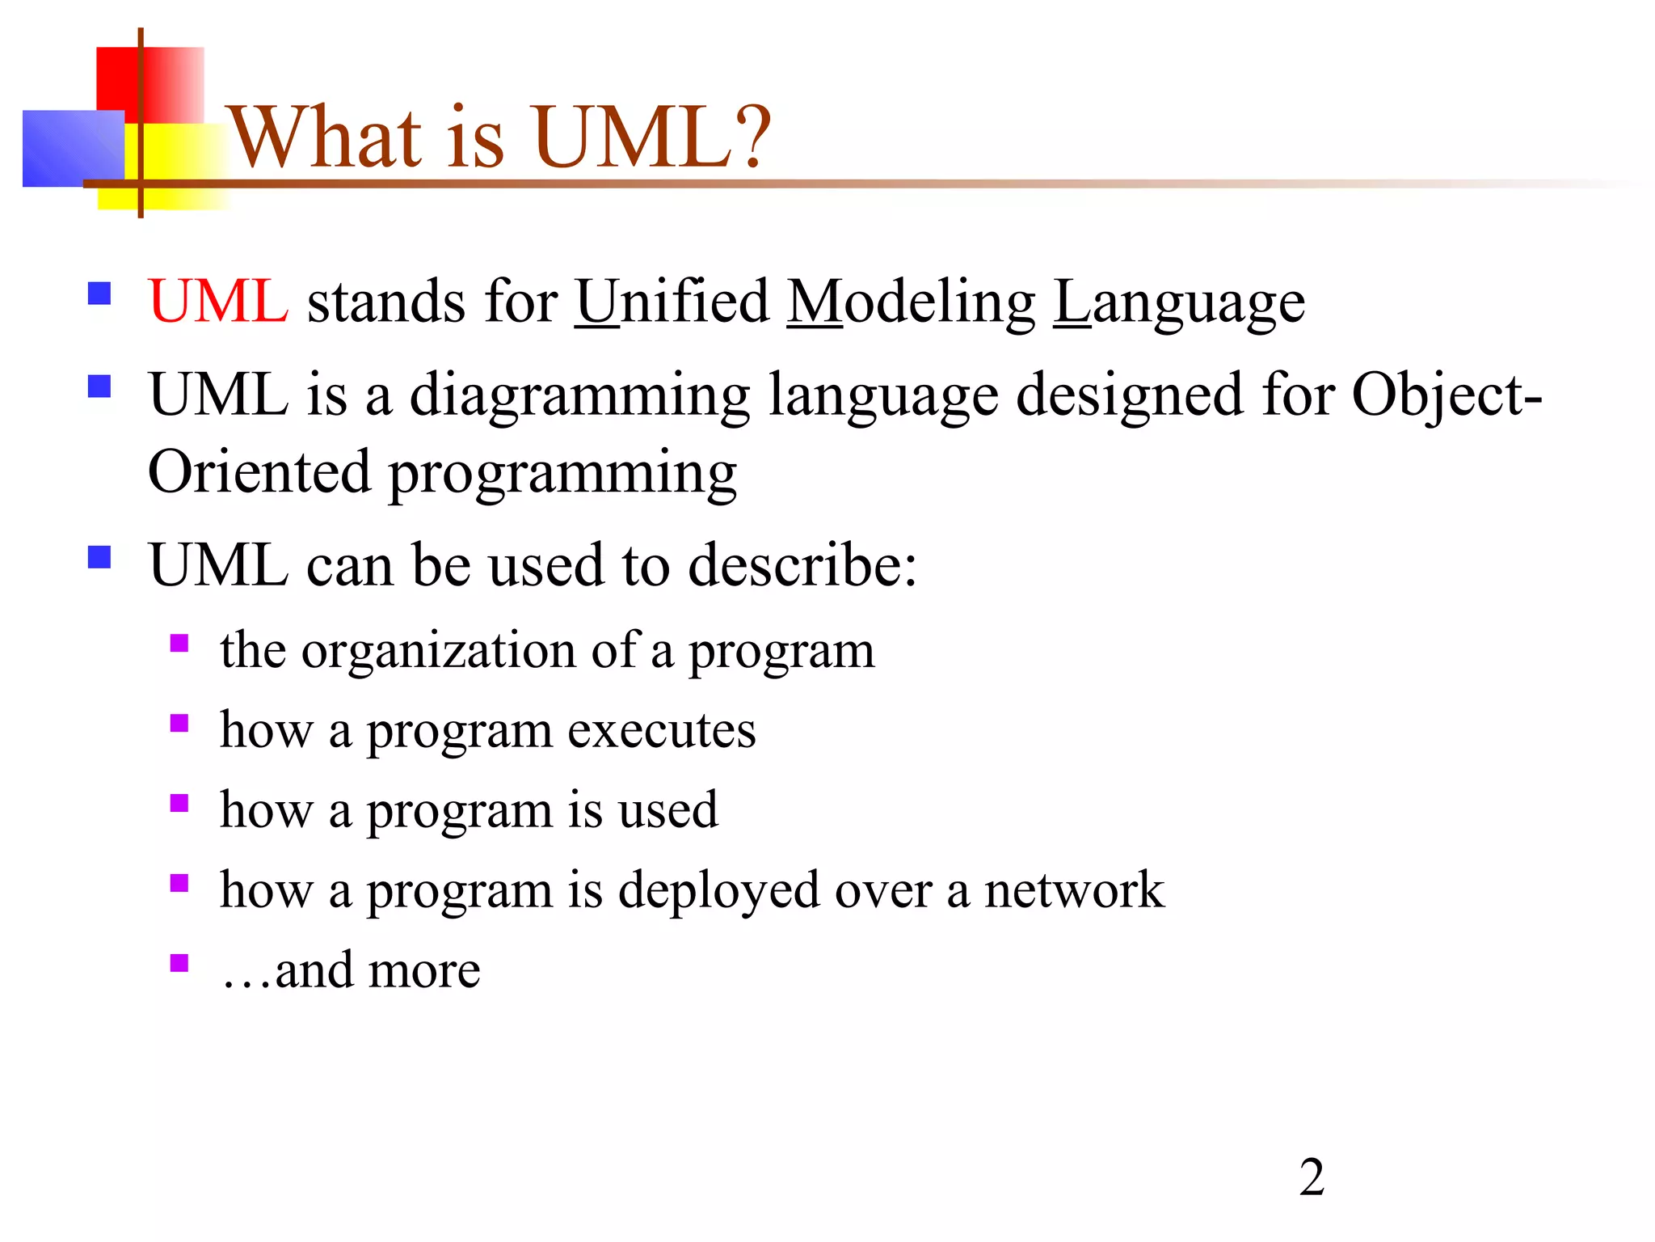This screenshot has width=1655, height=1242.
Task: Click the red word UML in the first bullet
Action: point(217,302)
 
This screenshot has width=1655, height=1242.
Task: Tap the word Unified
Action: point(672,302)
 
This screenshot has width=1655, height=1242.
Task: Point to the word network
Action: point(1074,890)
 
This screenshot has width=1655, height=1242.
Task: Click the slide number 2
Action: point(1312,1177)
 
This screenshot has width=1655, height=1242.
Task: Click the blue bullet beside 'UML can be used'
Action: point(99,558)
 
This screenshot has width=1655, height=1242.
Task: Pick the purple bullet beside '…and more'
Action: point(179,963)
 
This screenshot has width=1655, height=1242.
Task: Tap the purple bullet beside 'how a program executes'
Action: point(179,723)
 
